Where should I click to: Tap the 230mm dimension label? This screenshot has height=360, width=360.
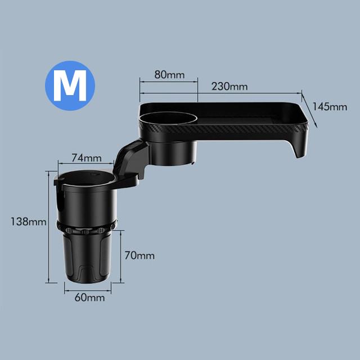point(229,86)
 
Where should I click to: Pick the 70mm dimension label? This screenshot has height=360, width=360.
point(139,255)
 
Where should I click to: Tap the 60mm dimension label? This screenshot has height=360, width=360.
point(90,298)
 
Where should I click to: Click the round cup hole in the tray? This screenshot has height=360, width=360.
point(168,119)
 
